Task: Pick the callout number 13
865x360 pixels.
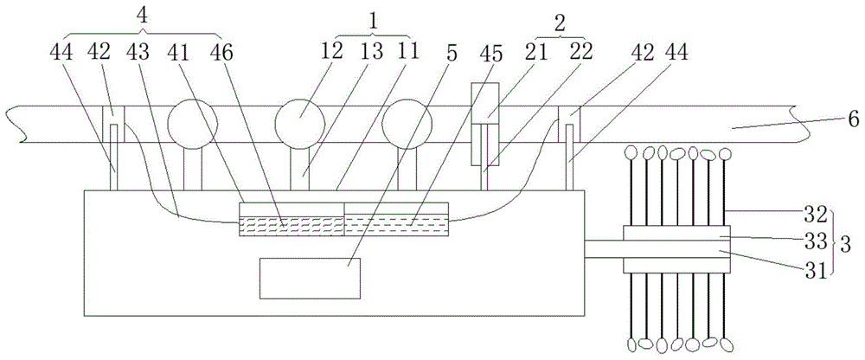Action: pos(333,52)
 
